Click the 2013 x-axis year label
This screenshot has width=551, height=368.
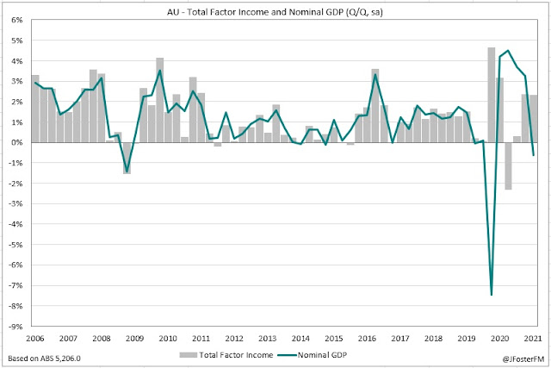(x=268, y=338)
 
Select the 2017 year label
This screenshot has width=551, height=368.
(x=400, y=338)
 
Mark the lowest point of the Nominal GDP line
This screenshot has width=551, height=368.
(x=492, y=295)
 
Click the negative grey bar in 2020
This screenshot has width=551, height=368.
(x=508, y=165)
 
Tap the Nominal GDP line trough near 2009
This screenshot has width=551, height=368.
(x=127, y=172)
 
